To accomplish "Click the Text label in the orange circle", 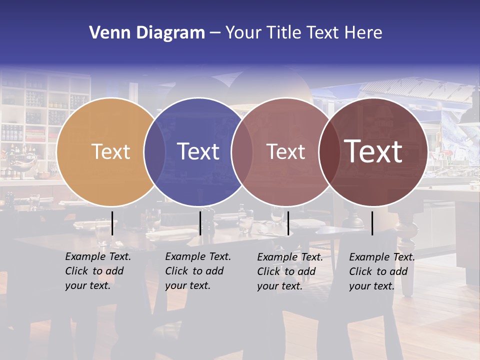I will point(110,151).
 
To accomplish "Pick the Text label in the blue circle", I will point(198,151).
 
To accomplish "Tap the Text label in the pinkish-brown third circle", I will point(286,151).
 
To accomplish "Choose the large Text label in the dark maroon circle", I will point(373,151).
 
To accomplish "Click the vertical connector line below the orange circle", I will point(112,223).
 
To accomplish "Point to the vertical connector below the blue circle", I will point(200,223).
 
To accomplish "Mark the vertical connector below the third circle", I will point(288,223).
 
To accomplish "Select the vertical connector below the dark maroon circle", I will point(372,223).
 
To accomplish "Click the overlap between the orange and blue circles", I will point(154,151).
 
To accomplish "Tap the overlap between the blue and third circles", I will point(242,151).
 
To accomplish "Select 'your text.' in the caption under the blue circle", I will point(187,285).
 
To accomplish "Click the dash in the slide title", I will point(215,33).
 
